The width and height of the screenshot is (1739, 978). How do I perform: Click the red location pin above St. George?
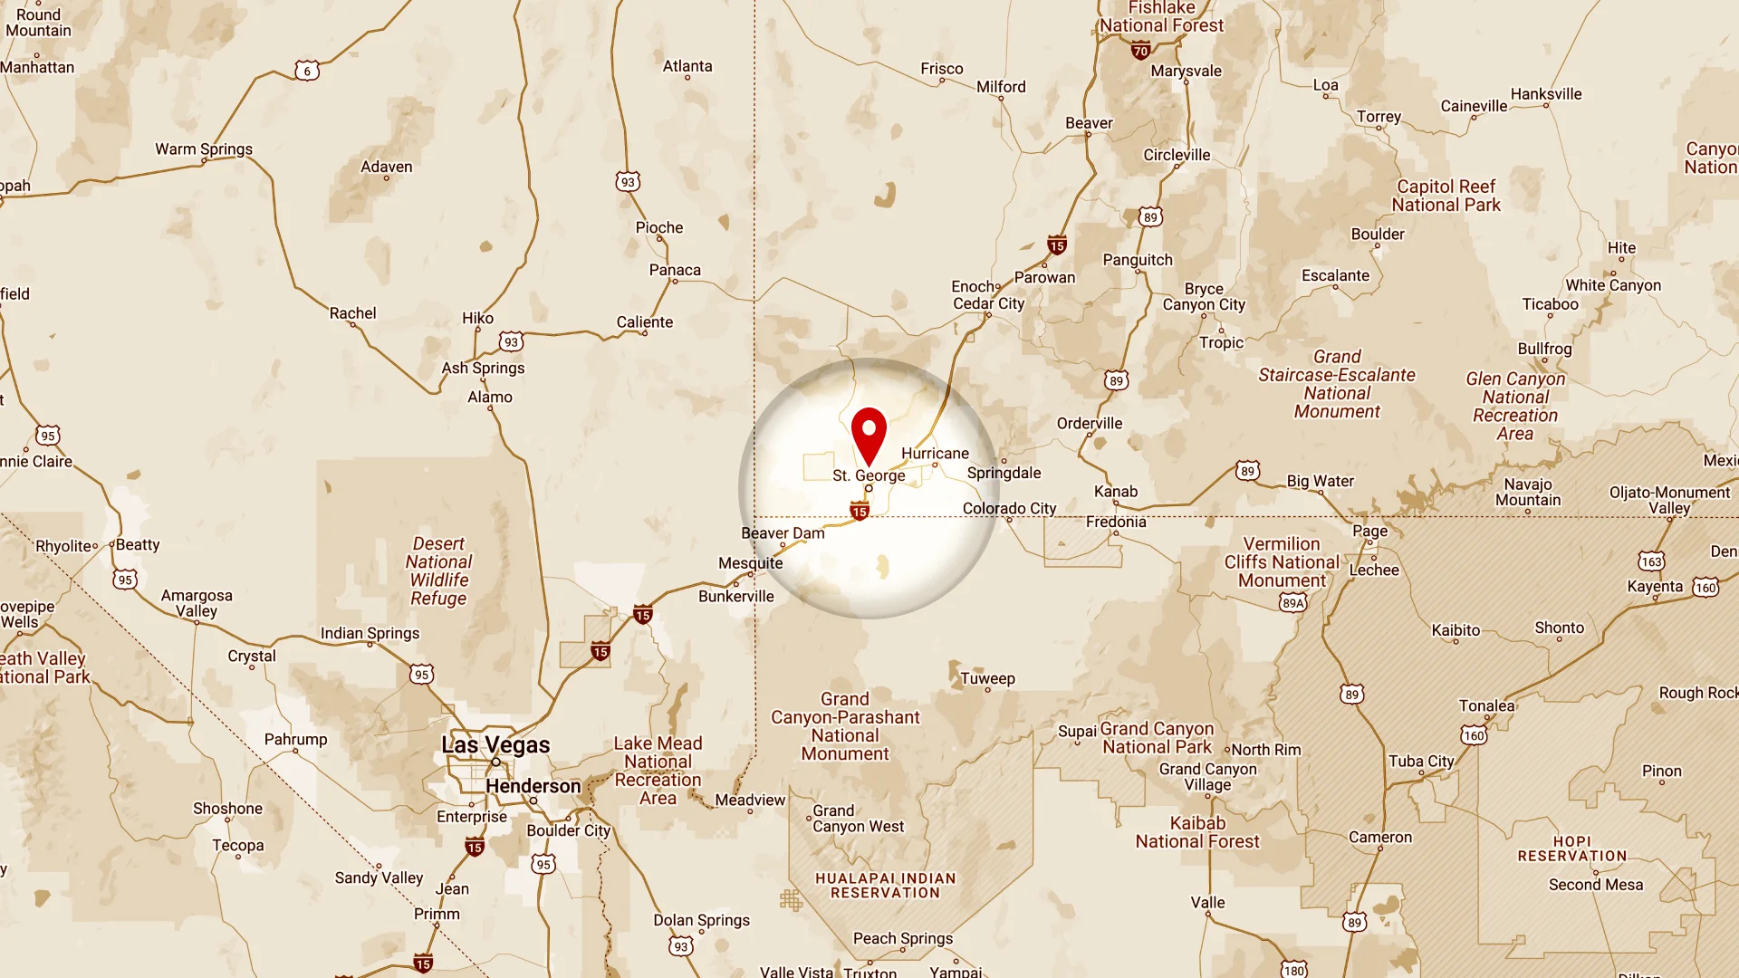(869, 434)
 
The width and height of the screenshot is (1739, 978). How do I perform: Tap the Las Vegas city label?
(495, 745)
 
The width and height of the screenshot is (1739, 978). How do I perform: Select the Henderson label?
(533, 786)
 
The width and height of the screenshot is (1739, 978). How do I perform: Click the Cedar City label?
(988, 304)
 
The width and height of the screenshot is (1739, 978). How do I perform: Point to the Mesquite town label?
(750, 563)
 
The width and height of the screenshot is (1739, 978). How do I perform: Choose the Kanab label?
(1115, 492)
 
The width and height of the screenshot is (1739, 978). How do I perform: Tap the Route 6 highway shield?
(307, 71)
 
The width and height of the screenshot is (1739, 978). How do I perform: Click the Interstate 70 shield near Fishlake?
(1140, 52)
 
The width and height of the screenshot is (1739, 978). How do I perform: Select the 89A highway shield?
(1292, 603)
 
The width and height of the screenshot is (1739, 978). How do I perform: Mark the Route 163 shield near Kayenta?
(1650, 561)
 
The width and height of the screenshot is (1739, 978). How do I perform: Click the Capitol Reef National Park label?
(1446, 196)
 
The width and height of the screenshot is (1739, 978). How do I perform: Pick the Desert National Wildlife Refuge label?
(438, 570)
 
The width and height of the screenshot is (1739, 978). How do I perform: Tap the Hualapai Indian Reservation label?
(885, 886)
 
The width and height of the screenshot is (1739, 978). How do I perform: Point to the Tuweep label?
(987, 678)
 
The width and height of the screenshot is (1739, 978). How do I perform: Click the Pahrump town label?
(295, 740)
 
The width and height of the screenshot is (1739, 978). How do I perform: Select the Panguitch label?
(1137, 260)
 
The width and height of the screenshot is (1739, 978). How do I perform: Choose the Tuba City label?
(1420, 762)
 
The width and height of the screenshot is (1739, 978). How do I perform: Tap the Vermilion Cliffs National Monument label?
(1281, 562)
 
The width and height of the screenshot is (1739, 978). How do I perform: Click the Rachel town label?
(352, 313)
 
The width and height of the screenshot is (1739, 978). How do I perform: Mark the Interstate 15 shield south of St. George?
(860, 512)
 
